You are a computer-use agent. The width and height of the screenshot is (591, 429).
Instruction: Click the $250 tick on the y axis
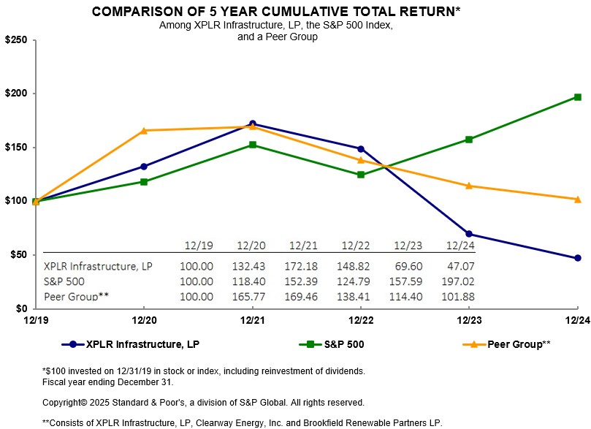15,40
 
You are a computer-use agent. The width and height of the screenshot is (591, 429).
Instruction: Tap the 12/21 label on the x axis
252,320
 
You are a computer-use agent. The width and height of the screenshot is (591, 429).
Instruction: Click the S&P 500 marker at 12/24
577,97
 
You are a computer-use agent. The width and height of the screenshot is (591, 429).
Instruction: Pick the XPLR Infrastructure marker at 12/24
577,258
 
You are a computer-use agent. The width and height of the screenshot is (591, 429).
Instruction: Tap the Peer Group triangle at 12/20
144,130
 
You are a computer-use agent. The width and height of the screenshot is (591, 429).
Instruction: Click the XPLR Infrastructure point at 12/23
469,234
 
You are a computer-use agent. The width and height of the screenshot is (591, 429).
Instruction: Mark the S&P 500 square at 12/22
361,175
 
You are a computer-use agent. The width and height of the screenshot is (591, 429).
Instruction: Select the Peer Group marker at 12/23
469,186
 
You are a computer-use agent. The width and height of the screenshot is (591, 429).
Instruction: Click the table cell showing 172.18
301,266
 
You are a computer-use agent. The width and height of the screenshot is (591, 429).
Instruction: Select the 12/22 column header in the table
354,245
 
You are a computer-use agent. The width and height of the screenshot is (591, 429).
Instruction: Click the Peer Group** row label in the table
75,296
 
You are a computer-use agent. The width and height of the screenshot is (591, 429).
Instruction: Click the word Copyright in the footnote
63,402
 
